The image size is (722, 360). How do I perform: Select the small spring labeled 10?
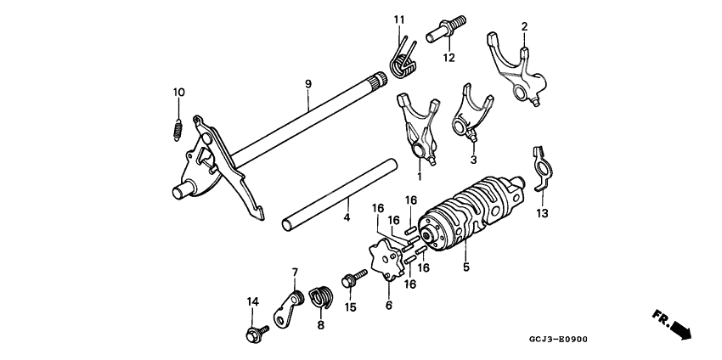pyautogui.click(x=178, y=128)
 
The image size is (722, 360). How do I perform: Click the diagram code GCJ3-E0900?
pyautogui.click(x=558, y=340)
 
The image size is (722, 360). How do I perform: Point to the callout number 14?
pyautogui.click(x=252, y=301)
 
